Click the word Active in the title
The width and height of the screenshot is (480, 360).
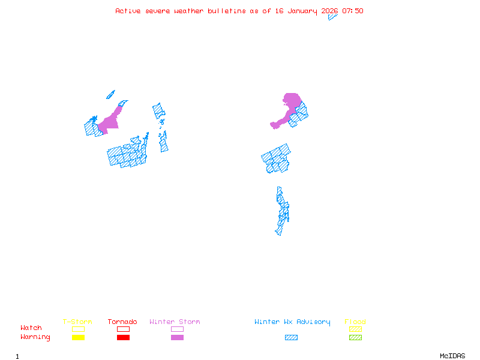(128, 11)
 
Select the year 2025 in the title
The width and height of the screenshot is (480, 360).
(329, 11)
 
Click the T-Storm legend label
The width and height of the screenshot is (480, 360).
(77, 322)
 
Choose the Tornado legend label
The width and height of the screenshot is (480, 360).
(122, 322)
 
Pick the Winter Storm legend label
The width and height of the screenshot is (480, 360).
(175, 322)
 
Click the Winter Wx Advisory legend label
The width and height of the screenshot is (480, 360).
(292, 322)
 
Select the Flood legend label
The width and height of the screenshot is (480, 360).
(355, 322)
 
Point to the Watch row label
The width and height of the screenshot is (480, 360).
(31, 328)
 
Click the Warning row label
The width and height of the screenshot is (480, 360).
(35, 337)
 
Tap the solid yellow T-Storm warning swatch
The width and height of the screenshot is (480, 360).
(78, 338)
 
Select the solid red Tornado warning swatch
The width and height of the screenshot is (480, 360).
(123, 338)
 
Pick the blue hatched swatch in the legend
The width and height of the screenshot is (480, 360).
(291, 338)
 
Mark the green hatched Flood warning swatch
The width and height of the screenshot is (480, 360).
(355, 338)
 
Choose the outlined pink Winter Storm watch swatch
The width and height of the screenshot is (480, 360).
(177, 329)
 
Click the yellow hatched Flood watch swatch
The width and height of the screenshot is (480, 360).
(355, 329)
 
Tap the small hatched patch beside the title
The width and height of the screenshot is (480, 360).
(332, 17)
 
